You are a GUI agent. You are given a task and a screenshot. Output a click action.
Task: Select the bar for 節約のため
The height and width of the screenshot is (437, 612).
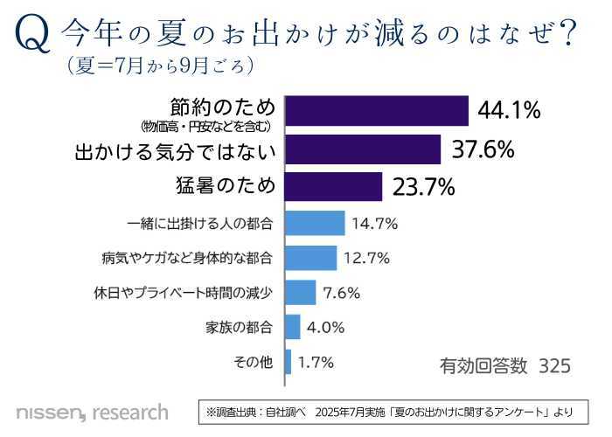pyautogui.click(x=377, y=111)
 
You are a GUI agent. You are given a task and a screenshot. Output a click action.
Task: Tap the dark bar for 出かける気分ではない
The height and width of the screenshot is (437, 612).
pyautogui.click(x=363, y=149)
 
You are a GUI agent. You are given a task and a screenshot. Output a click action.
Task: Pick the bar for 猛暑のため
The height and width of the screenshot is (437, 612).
pyautogui.click(x=333, y=186)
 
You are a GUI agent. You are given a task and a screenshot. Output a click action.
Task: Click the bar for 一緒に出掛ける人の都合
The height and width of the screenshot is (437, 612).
pyautogui.click(x=315, y=223)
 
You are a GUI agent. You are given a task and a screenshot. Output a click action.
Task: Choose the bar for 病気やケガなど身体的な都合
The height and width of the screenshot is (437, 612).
pyautogui.click(x=310, y=258)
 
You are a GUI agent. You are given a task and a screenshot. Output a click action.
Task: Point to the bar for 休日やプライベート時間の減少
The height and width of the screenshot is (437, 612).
pyautogui.click(x=300, y=293)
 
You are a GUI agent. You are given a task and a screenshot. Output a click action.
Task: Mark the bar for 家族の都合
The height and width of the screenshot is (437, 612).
pyautogui.click(x=292, y=327)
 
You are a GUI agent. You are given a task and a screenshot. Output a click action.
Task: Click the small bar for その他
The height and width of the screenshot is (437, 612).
pyautogui.click(x=288, y=361)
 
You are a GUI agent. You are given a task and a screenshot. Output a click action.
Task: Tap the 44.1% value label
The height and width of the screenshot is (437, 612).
pyautogui.click(x=510, y=111)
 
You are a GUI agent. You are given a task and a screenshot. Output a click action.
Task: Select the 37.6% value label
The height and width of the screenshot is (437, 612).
pyautogui.click(x=482, y=149)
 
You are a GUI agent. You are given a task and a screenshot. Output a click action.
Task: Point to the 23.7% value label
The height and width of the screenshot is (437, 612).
pyautogui.click(x=424, y=186)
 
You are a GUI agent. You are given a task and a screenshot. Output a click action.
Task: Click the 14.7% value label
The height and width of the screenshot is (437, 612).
pyautogui.click(x=374, y=224)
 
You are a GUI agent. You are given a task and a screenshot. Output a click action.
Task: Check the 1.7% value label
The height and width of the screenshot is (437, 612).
pyautogui.click(x=316, y=361)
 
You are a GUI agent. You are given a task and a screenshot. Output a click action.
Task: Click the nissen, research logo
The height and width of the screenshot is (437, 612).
pyautogui.click(x=91, y=410)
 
